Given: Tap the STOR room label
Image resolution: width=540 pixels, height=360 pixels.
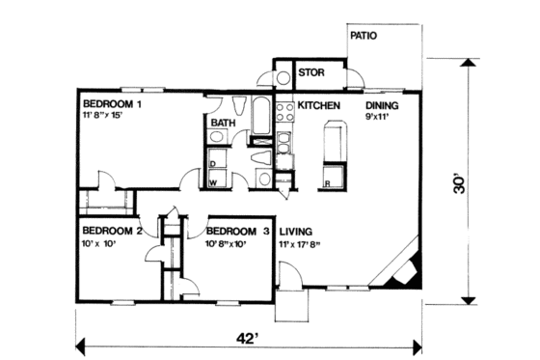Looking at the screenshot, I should coord(310,72).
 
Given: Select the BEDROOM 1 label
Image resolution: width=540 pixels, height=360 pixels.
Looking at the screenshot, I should coord(112,103).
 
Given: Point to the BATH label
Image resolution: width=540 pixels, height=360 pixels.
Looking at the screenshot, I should coord(224,123).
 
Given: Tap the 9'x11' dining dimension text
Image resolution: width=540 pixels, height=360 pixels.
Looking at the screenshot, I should coord(380,117).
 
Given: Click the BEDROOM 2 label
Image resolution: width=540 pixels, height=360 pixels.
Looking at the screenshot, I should coord(112,232).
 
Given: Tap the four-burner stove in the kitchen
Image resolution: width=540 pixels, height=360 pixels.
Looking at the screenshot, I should coord(286,113).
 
